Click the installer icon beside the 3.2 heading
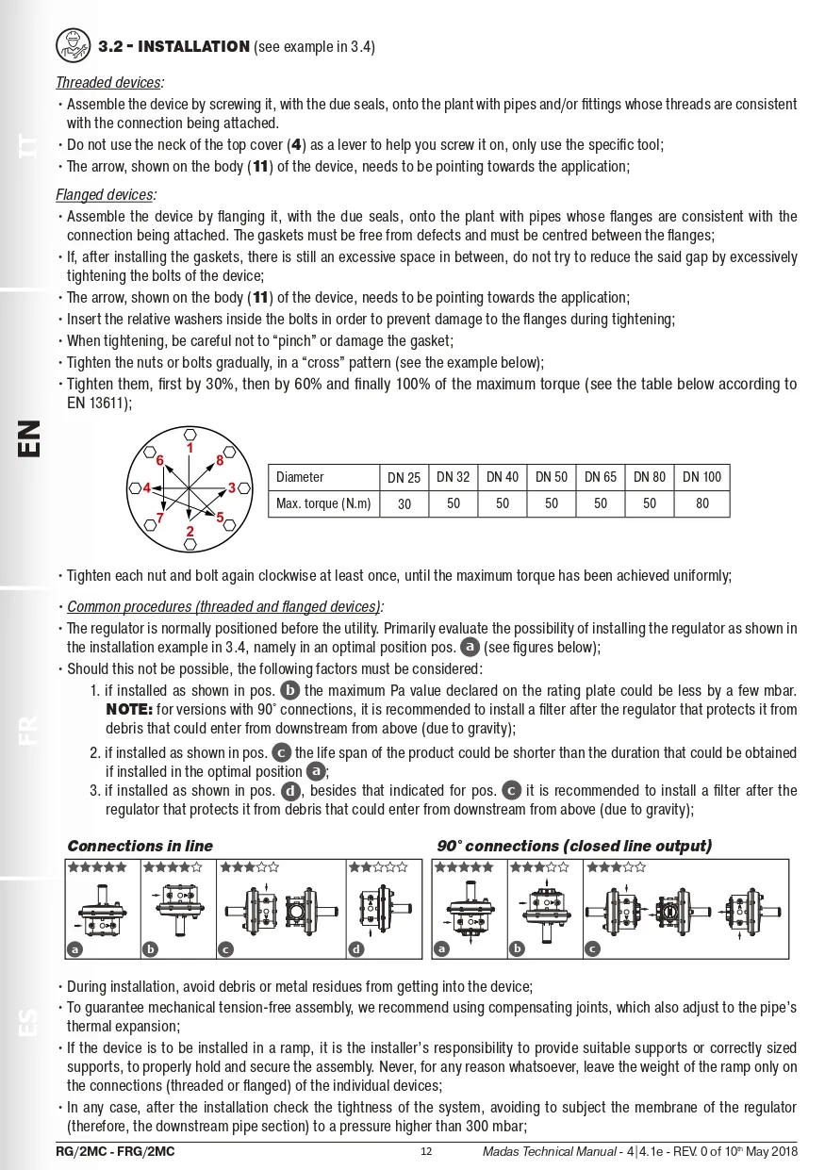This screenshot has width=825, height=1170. click(x=73, y=43)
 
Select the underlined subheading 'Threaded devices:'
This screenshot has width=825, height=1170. click(x=109, y=83)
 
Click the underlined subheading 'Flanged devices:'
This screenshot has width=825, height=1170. click(x=106, y=195)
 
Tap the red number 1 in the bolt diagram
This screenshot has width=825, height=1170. click(x=190, y=448)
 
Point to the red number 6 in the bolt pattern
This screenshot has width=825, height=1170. click(x=160, y=460)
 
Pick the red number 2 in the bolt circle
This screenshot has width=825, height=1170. click(x=190, y=532)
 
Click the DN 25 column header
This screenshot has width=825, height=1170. click(x=404, y=477)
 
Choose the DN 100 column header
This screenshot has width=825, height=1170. click(x=701, y=477)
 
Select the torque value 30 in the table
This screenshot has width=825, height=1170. click(x=404, y=504)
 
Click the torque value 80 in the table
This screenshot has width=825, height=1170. click(x=701, y=503)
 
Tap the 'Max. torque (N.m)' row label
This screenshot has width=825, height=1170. click(x=322, y=503)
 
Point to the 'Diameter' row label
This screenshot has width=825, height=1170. click(x=300, y=477)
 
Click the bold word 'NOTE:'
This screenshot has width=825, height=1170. click(x=123, y=709)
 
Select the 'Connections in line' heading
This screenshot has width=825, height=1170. click(x=140, y=846)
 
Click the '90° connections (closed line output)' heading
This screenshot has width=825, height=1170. click(x=574, y=846)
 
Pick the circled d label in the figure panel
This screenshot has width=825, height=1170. click(x=355, y=949)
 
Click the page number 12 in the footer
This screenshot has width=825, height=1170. click(x=426, y=1151)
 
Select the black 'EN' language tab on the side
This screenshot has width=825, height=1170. click(x=29, y=438)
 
